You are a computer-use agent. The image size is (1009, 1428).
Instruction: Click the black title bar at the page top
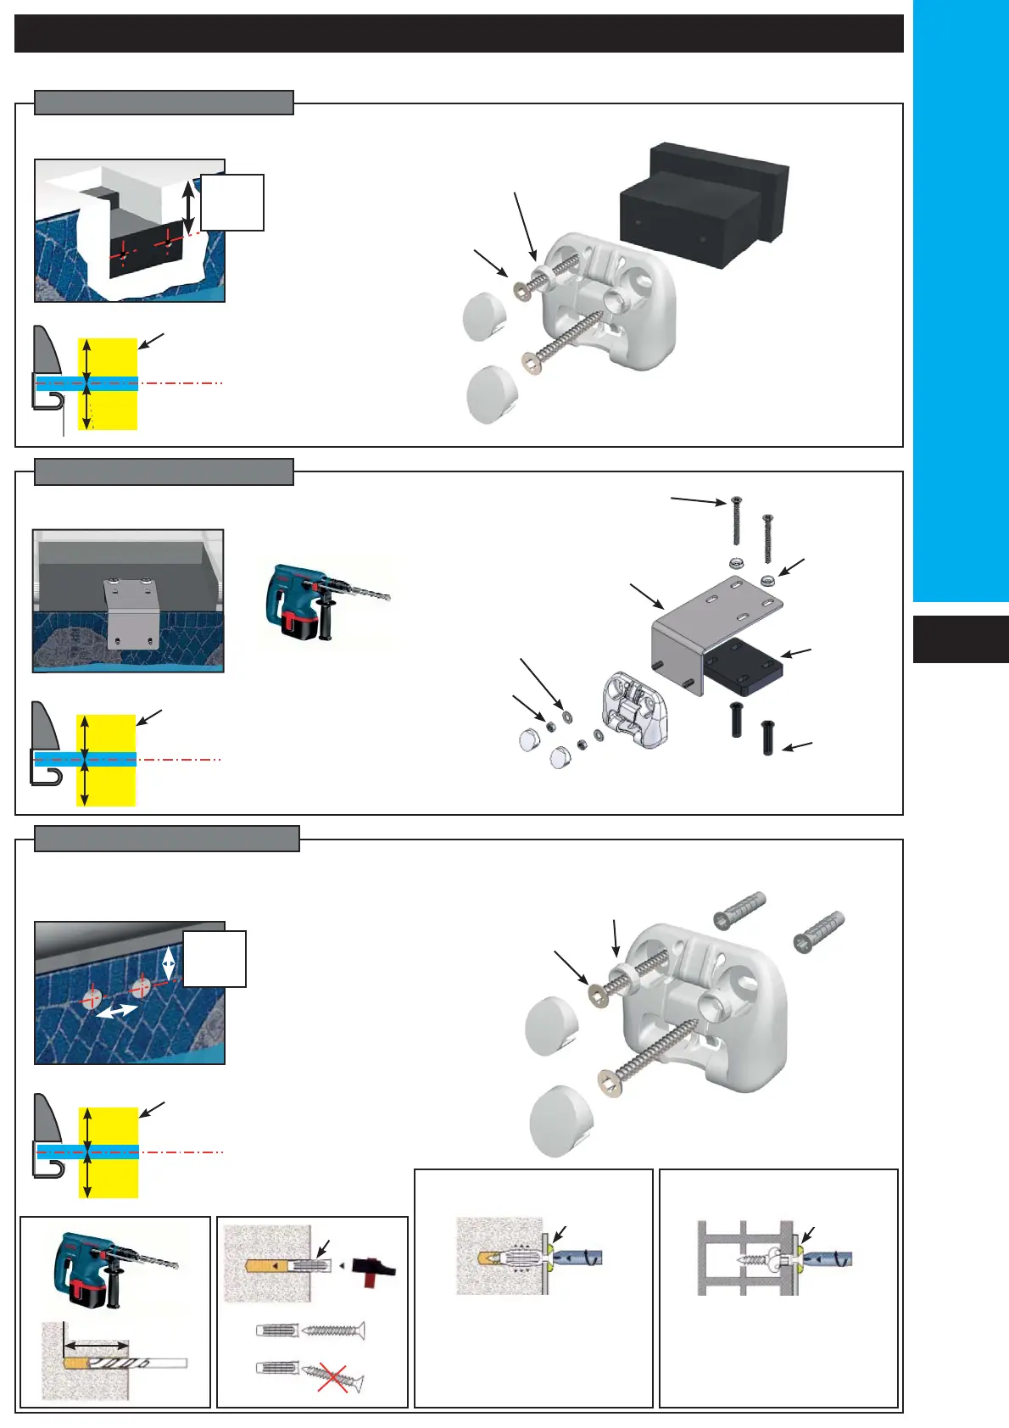click(458, 34)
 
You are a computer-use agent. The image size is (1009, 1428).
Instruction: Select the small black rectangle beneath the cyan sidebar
click(961, 639)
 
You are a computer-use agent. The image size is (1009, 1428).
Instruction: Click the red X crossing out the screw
click(332, 1376)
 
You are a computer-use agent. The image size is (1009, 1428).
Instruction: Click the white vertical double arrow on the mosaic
click(169, 962)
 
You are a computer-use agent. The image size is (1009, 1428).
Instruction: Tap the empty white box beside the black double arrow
click(231, 203)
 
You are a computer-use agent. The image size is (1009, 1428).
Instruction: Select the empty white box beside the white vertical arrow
click(215, 959)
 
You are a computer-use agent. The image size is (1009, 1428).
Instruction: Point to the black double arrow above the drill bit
click(98, 1345)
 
